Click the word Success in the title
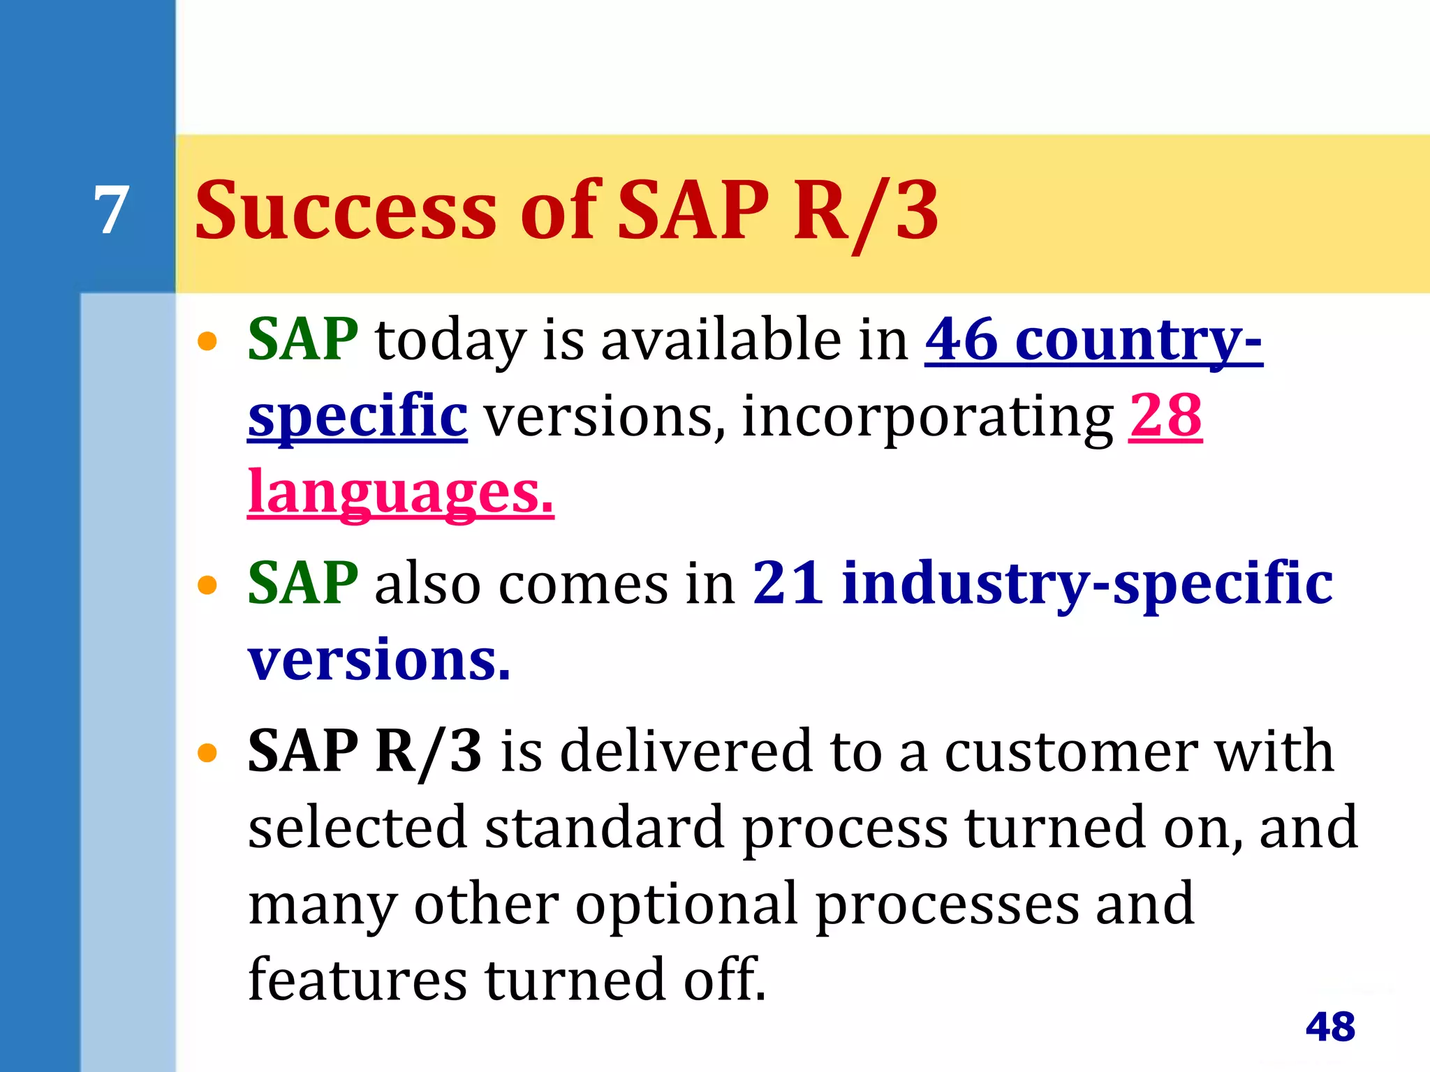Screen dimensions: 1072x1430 346,210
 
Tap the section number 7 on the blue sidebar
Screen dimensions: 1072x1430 112,210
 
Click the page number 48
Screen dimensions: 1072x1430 1330,1027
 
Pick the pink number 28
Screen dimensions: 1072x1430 1165,415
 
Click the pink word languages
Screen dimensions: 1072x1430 400,493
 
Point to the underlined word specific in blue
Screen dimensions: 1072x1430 357,417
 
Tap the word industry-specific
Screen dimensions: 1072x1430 1087,583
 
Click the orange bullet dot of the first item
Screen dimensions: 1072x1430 207,342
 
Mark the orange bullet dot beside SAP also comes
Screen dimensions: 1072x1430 207,585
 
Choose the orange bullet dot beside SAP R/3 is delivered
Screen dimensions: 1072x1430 207,754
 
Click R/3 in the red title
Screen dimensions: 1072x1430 866,211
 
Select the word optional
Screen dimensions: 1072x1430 686,904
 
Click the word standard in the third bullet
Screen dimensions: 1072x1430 604,828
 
